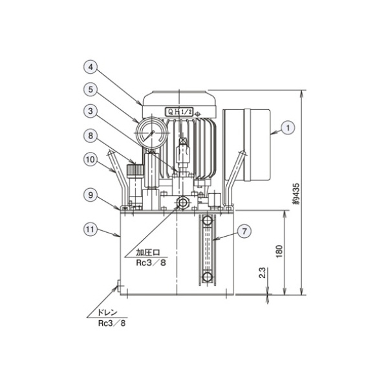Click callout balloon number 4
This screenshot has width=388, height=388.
[91, 67]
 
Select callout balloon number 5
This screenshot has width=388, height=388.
[91, 89]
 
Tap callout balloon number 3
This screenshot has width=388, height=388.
[91, 111]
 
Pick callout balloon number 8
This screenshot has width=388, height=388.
[91, 136]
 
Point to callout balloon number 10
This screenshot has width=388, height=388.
[91, 160]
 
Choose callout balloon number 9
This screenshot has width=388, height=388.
[91, 195]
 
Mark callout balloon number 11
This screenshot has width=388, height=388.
[91, 230]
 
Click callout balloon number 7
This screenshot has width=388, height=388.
[244, 232]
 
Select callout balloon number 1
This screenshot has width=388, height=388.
[288, 128]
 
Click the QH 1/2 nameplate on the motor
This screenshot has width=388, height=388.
[179, 112]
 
